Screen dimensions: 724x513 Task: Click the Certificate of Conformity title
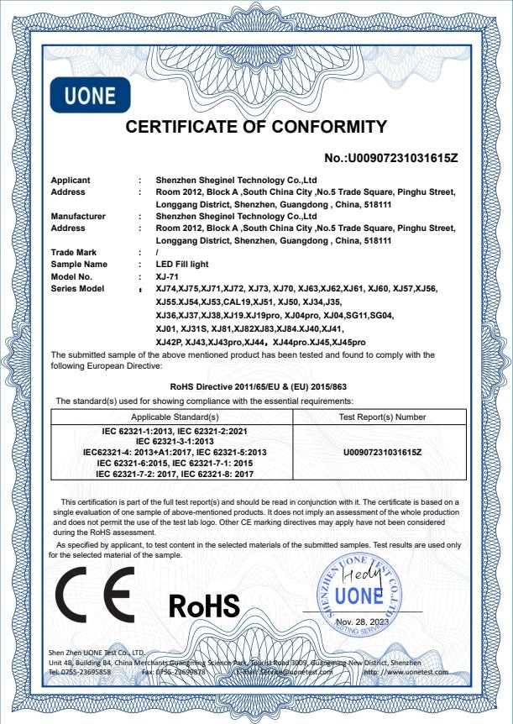[255, 128]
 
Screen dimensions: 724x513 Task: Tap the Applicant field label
[71, 180]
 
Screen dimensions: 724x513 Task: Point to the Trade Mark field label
[74, 252]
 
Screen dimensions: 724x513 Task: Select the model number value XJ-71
[169, 276]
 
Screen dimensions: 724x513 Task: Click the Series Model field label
[78, 288]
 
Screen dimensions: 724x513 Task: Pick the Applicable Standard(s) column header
[174, 416]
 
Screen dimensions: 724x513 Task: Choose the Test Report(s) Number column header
[376, 416]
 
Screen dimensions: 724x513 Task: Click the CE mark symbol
[95, 594]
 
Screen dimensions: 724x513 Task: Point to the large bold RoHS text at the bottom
[204, 604]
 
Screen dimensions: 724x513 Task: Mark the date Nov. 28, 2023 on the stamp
[364, 622]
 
